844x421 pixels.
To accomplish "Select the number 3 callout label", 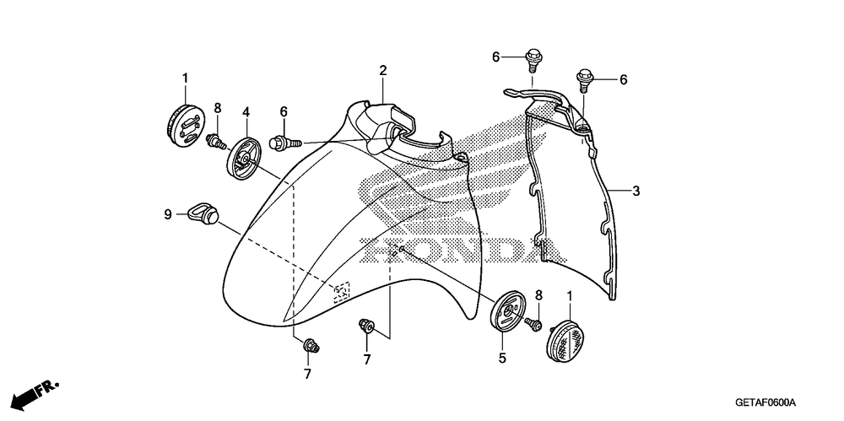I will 636,192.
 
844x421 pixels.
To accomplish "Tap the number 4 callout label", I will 246,111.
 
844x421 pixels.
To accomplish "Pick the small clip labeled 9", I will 202,211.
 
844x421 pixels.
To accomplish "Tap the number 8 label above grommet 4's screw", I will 217,107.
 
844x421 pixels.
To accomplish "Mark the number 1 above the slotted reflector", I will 185,78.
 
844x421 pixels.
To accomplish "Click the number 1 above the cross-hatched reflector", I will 571,296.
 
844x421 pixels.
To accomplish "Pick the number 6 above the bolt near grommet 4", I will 284,111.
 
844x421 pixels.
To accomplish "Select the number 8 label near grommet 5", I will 538,294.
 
